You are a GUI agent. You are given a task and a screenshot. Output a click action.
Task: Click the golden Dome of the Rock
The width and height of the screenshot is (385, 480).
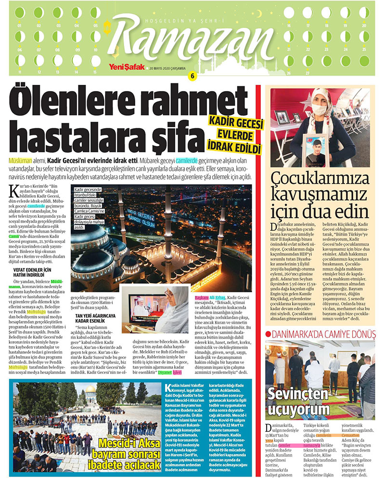point(90,389)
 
